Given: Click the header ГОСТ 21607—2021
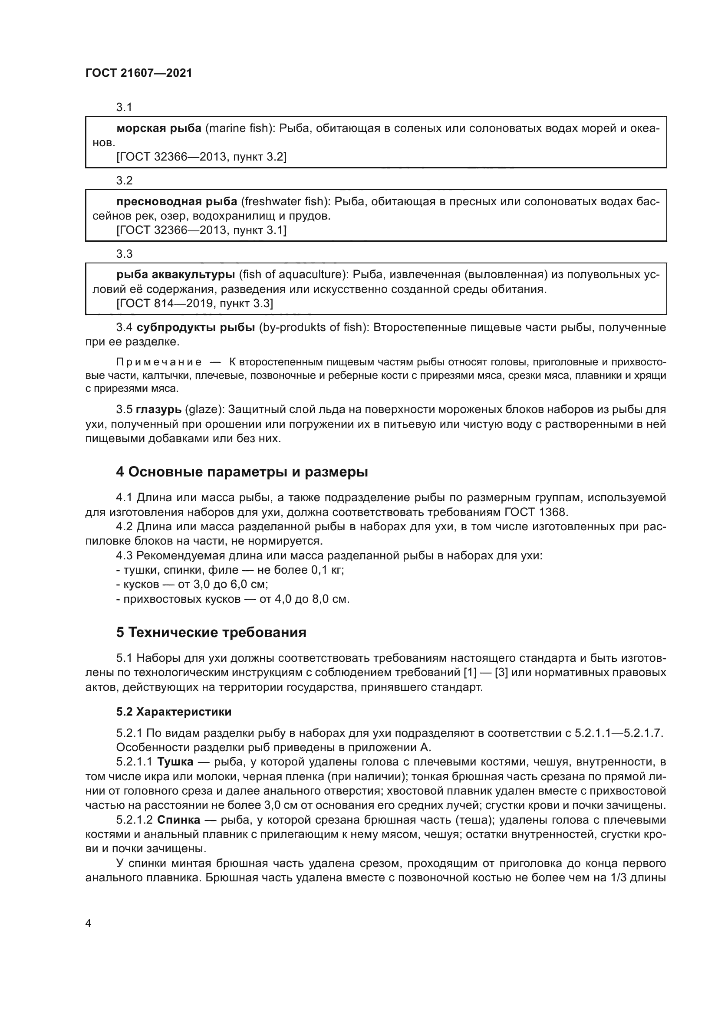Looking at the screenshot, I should point(139,73).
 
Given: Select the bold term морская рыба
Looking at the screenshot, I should point(159,128).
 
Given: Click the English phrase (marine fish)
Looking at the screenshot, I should point(240,128).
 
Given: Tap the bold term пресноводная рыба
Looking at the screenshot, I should point(177,202).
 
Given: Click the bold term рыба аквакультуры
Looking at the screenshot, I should point(175,275).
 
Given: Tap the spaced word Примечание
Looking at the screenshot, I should point(159,362).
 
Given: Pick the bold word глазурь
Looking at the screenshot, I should point(158,409).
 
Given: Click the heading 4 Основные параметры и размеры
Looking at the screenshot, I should point(242,472).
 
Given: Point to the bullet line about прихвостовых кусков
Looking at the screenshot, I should point(233,599).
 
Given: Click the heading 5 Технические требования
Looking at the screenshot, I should point(211,633).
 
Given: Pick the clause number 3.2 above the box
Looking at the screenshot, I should point(124,181).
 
